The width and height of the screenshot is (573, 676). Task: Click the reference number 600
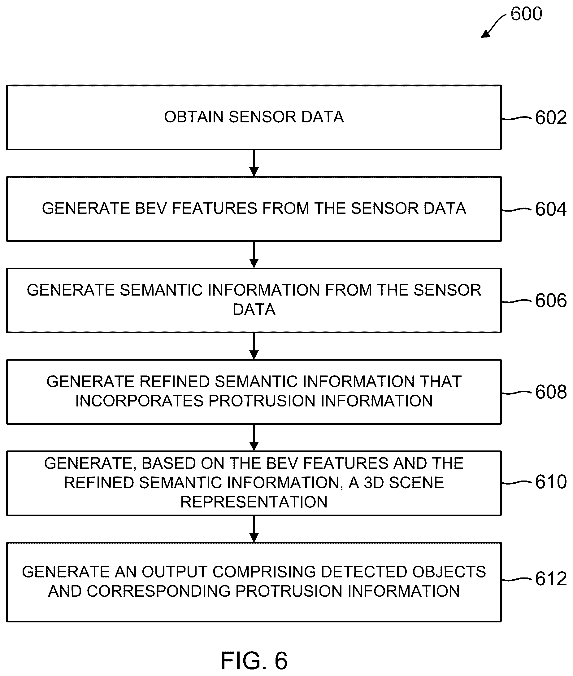tap(526, 14)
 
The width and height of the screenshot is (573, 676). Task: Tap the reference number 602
tap(551, 117)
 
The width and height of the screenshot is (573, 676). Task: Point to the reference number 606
tap(551, 300)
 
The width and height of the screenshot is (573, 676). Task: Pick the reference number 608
tap(551, 392)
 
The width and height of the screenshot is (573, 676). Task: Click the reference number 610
tap(551, 482)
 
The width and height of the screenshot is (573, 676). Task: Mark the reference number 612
tap(551, 579)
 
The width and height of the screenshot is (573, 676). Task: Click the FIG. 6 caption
tap(254, 661)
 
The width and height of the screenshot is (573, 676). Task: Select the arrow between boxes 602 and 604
tap(254, 163)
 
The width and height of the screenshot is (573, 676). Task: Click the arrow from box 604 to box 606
tap(254, 254)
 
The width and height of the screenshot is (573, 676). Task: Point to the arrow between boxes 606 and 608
tap(254, 346)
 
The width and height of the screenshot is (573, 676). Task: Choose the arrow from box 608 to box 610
tap(254, 437)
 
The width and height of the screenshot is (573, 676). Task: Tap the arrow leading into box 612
tap(254, 529)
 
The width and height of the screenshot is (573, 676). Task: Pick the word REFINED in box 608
tap(174, 382)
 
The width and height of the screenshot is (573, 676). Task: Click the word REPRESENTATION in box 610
tap(254, 502)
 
